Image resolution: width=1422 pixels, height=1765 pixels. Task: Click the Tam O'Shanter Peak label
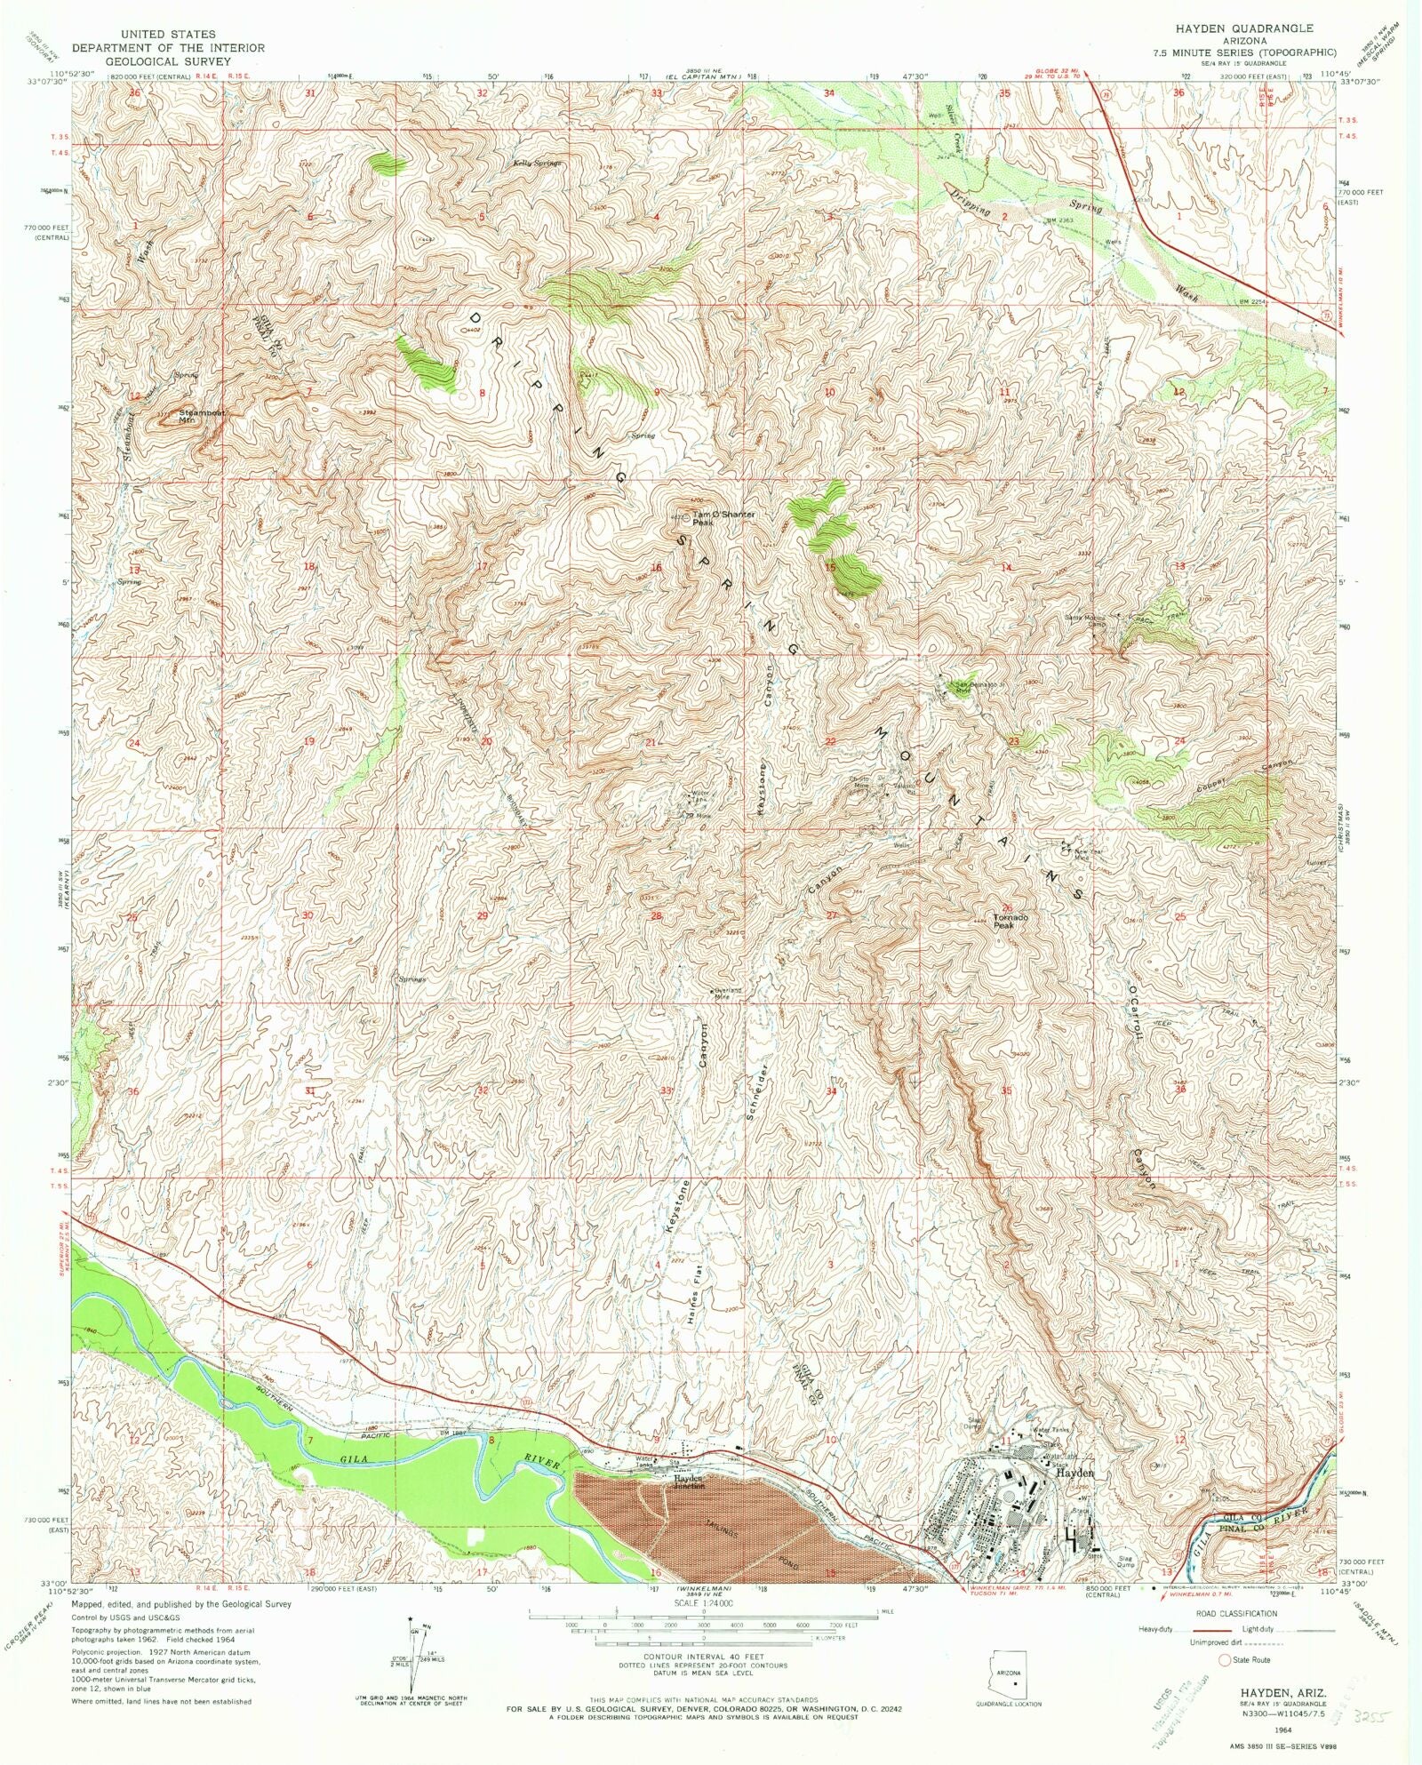pyautogui.click(x=723, y=518)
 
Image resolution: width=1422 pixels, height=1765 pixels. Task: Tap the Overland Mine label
pyautogui.click(x=727, y=994)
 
